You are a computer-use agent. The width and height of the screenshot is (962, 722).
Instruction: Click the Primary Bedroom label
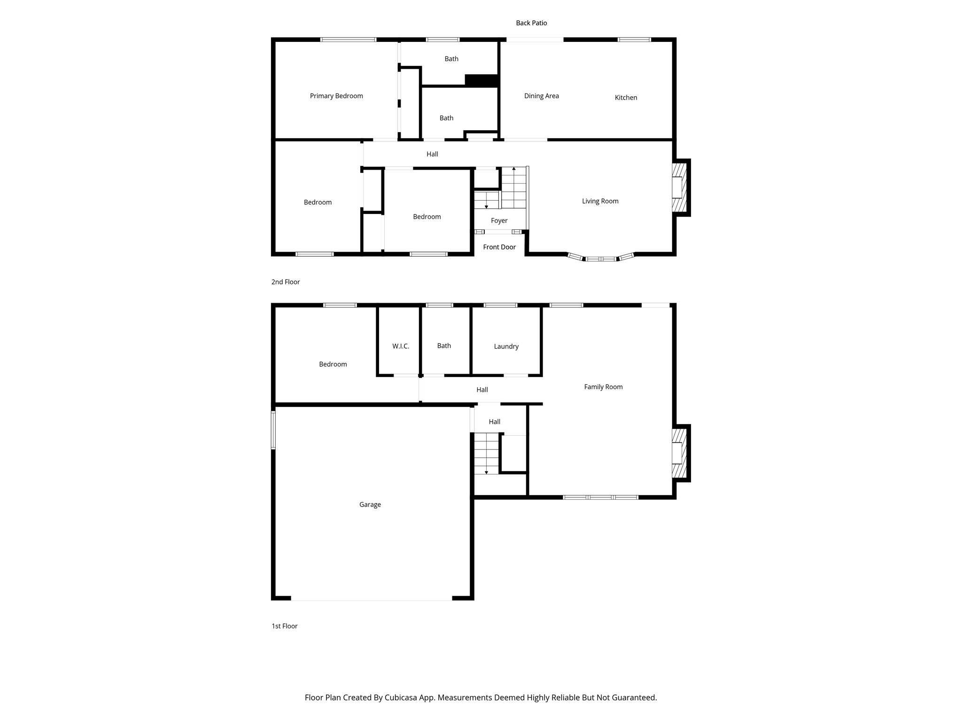(336, 96)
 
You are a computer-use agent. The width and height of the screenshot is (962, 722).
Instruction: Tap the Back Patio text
(531, 23)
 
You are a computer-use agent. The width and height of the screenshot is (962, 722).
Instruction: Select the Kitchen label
(626, 98)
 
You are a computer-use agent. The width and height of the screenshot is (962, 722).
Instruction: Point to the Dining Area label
(541, 96)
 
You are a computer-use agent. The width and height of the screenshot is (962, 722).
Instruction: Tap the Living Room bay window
(601, 258)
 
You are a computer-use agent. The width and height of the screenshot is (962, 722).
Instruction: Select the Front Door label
(499, 247)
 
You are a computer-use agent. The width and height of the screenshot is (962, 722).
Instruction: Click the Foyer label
(499, 220)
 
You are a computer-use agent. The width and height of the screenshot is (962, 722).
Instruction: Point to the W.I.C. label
(401, 346)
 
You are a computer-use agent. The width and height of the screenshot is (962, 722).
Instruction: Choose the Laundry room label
(506, 346)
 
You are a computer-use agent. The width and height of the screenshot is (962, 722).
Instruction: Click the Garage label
(370, 505)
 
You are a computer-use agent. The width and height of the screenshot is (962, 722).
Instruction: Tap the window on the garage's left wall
(273, 431)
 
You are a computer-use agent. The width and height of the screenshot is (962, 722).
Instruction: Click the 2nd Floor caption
(285, 282)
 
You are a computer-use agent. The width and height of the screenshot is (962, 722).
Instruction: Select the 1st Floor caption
(284, 626)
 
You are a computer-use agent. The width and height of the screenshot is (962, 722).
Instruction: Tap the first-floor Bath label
(444, 346)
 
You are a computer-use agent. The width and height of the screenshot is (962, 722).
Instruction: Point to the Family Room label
(603, 387)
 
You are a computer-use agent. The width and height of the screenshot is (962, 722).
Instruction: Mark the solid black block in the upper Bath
(481, 80)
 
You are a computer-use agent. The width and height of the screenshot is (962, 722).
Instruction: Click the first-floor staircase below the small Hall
(486, 454)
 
